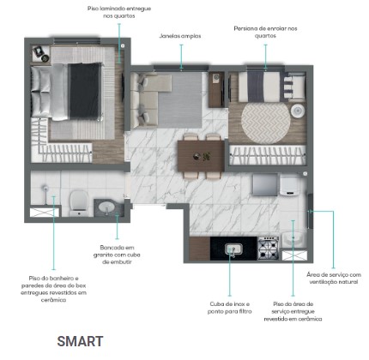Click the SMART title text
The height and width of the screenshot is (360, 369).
tap(80, 341)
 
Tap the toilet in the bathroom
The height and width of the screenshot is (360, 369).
tap(79, 202)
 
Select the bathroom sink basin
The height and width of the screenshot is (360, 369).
tap(106, 207)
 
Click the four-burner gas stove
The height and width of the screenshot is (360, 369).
tap(268, 248)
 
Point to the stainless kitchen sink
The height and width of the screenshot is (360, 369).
tap(233, 249)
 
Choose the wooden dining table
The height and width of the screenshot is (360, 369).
tap(201, 156)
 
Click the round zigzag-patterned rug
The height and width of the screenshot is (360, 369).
tap(266, 123)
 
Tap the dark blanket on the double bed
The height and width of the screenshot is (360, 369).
tap(86, 91)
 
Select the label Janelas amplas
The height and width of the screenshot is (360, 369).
tap(180, 36)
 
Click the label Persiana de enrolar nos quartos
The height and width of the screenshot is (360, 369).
tap(265, 32)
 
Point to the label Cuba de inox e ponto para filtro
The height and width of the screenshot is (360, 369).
tap(230, 308)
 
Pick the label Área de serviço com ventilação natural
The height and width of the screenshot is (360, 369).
tap(334, 278)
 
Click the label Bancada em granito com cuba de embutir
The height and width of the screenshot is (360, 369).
tap(117, 255)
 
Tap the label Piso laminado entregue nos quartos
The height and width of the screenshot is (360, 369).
tap(119, 12)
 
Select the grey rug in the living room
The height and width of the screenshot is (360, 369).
tap(180, 100)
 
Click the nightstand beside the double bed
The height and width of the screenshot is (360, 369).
tap(41, 54)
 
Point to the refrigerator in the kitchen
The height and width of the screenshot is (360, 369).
tap(265, 184)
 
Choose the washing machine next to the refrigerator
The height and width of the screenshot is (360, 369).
tap(289, 185)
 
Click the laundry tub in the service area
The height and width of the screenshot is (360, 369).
tap(294, 239)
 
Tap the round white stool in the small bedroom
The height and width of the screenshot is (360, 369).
tap(298, 111)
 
